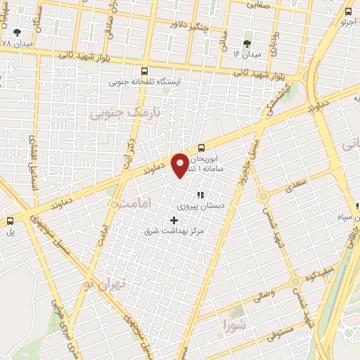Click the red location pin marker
(181, 165)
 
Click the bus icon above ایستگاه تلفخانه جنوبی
(145, 71)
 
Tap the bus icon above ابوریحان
(202, 147)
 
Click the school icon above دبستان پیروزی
(200, 195)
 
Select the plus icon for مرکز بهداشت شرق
(174, 219)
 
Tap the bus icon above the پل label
(10, 219)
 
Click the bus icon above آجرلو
(349, 12)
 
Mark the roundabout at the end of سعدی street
(262, 197)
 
